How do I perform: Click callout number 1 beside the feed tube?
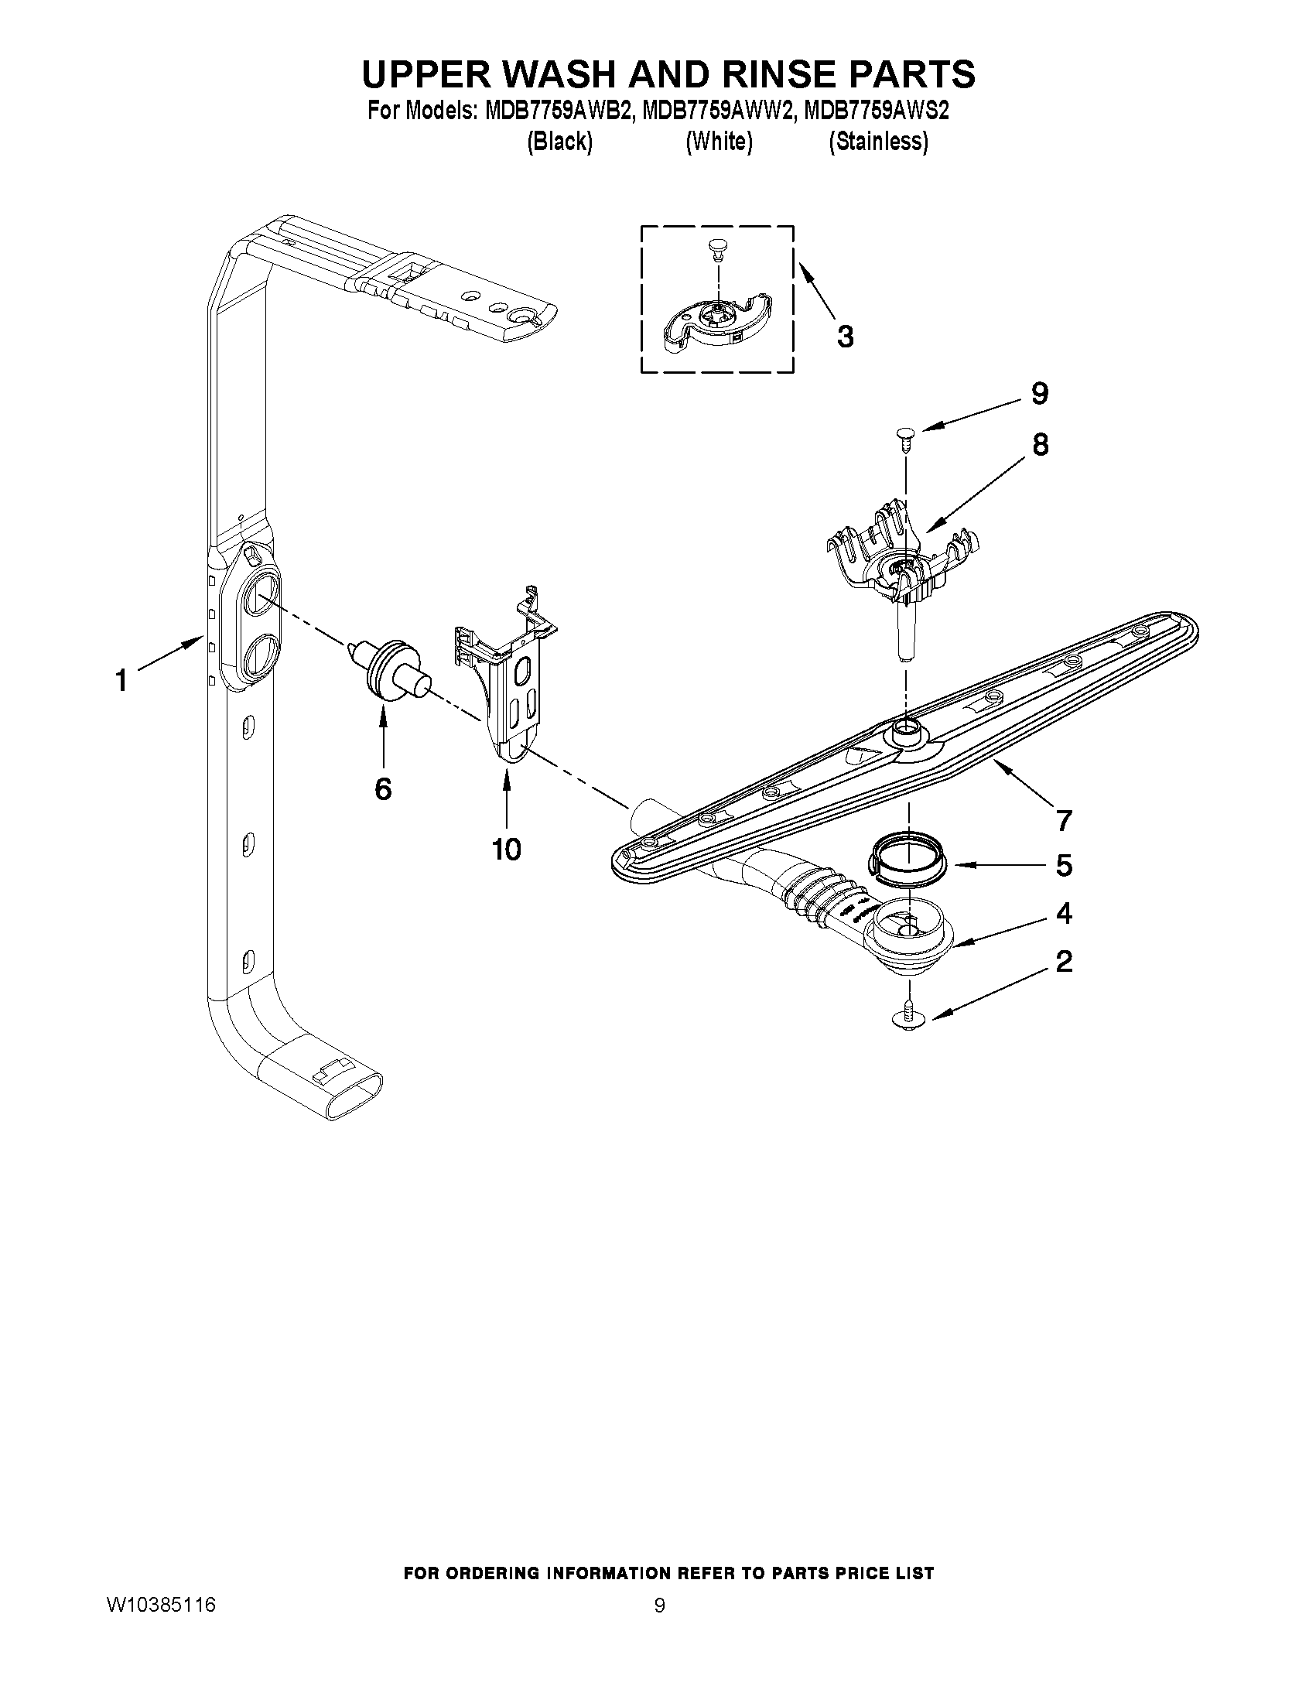[x=121, y=681]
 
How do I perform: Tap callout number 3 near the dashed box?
[x=845, y=337]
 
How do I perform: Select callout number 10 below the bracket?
[x=507, y=849]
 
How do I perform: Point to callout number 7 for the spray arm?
[x=1065, y=819]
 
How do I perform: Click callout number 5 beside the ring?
[x=1065, y=865]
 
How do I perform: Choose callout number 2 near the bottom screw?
[x=1065, y=962]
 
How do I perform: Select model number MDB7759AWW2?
[x=719, y=111]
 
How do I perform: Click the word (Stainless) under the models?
[x=879, y=141]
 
